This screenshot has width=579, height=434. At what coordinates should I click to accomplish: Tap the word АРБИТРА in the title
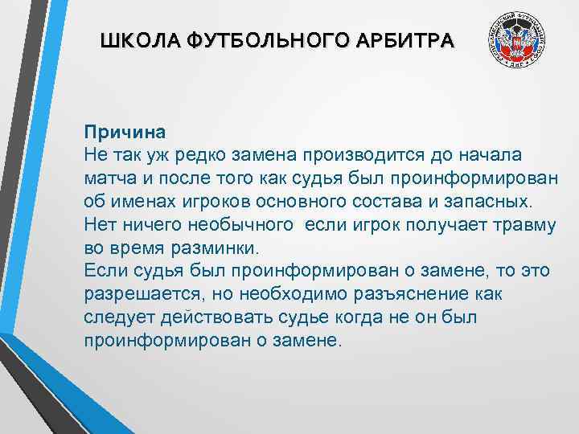[x=409, y=40]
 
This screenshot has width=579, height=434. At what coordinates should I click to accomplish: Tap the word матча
[x=108, y=176]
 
